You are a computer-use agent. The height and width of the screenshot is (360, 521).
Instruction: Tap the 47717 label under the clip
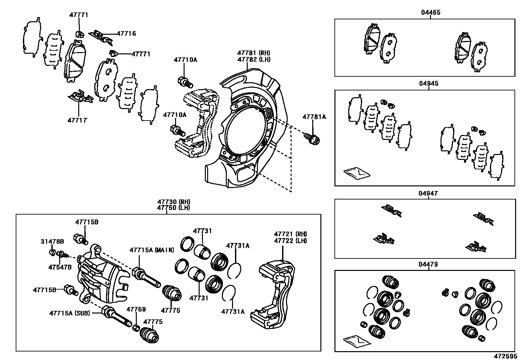tap(78, 120)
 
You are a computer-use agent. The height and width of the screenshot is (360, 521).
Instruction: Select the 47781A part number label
tap(314, 117)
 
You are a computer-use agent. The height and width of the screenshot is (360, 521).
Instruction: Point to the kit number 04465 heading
tap(430, 12)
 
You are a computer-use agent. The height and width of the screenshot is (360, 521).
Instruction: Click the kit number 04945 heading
tap(428, 84)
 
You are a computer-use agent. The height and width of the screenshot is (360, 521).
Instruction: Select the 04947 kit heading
tap(428, 194)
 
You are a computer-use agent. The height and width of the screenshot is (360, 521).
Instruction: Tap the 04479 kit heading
tap(428, 264)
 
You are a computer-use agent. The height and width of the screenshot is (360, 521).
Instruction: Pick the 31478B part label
tap(52, 242)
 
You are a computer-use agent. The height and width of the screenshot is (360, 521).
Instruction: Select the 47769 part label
tap(136, 309)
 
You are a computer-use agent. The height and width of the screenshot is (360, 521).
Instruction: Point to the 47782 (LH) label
tap(254, 60)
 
